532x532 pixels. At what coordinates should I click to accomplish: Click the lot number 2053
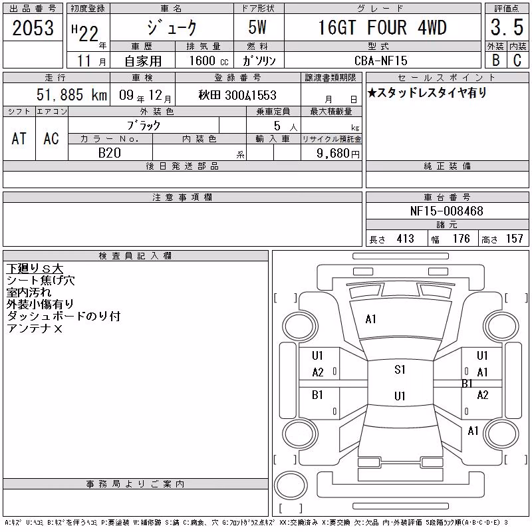(x=33, y=28)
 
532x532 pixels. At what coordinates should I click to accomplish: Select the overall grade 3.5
(x=507, y=28)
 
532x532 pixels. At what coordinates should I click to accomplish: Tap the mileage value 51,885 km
(x=72, y=95)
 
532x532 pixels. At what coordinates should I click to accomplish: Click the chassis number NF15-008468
(x=446, y=211)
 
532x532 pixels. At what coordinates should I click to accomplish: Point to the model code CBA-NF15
(x=380, y=61)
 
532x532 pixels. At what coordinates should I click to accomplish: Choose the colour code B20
(x=110, y=153)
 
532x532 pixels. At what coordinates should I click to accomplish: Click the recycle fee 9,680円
(x=338, y=154)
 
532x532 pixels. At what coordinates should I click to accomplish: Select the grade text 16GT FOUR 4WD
(x=382, y=28)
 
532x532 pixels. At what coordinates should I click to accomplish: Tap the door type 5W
(x=257, y=27)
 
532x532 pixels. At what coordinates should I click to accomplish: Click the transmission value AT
(x=19, y=139)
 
